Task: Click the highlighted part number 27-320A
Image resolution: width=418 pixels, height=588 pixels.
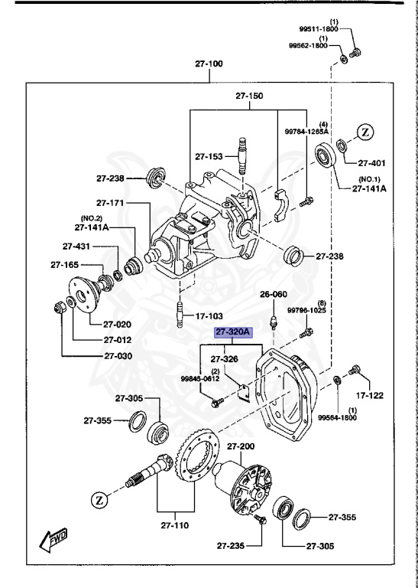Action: (232, 332)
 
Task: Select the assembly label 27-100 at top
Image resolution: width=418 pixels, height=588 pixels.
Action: (208, 64)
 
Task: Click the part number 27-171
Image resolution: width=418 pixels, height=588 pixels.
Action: (111, 203)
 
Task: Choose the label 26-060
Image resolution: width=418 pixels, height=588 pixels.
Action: (273, 294)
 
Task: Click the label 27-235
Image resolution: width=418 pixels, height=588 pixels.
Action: (230, 546)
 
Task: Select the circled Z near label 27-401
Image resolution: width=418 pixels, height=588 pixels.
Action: (365, 132)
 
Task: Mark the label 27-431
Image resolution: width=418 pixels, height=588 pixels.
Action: (76, 247)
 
